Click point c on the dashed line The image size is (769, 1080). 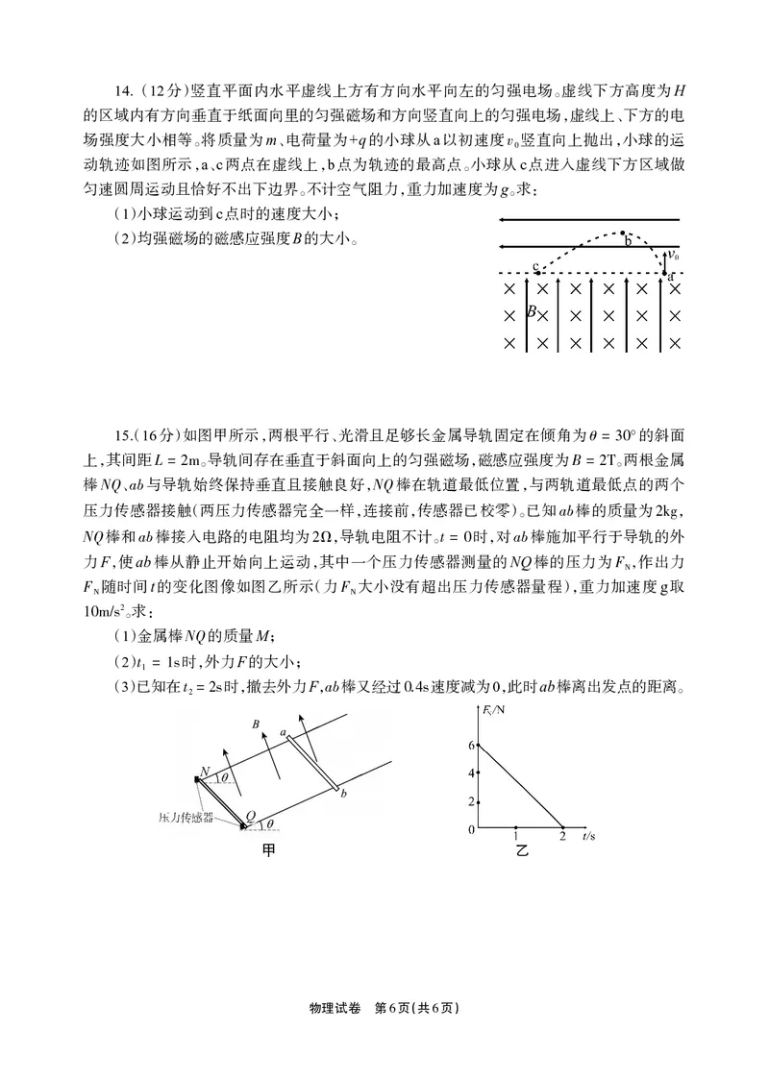pos(536,266)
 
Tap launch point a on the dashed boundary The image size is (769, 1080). pos(670,275)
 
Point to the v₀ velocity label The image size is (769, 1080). pos(674,256)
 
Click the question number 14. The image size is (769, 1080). pos(122,92)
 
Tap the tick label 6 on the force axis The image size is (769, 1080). pos(471,745)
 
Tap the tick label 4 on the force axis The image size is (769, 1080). pos(471,773)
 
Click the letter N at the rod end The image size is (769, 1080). pos(205,771)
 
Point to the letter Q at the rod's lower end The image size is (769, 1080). pos(252,817)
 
